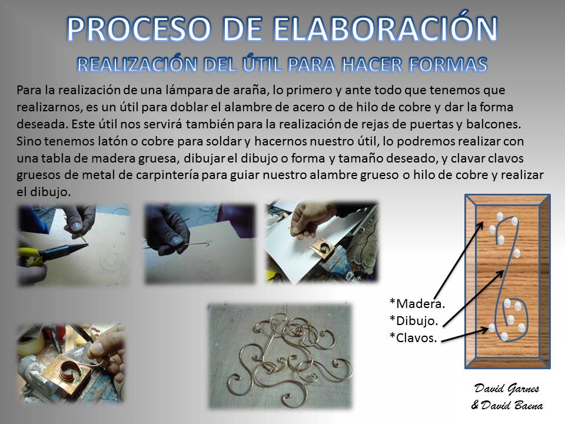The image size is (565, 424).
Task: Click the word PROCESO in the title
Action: coord(139,29)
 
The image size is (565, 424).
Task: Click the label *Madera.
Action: coord(417,304)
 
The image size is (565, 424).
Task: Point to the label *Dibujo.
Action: coord(414,320)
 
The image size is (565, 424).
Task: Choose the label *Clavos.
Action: coord(413,337)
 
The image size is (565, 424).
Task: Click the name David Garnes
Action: coord(507,389)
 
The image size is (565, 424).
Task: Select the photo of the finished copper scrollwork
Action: coord(280,356)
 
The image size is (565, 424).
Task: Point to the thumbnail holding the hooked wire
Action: coord(176,240)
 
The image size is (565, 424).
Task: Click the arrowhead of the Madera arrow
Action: coord(481,224)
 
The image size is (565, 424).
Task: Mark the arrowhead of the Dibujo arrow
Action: coord(501,273)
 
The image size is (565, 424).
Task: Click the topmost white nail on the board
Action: coord(500,216)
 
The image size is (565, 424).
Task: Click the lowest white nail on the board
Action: coord(504,337)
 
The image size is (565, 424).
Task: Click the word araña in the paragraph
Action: coord(250,90)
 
